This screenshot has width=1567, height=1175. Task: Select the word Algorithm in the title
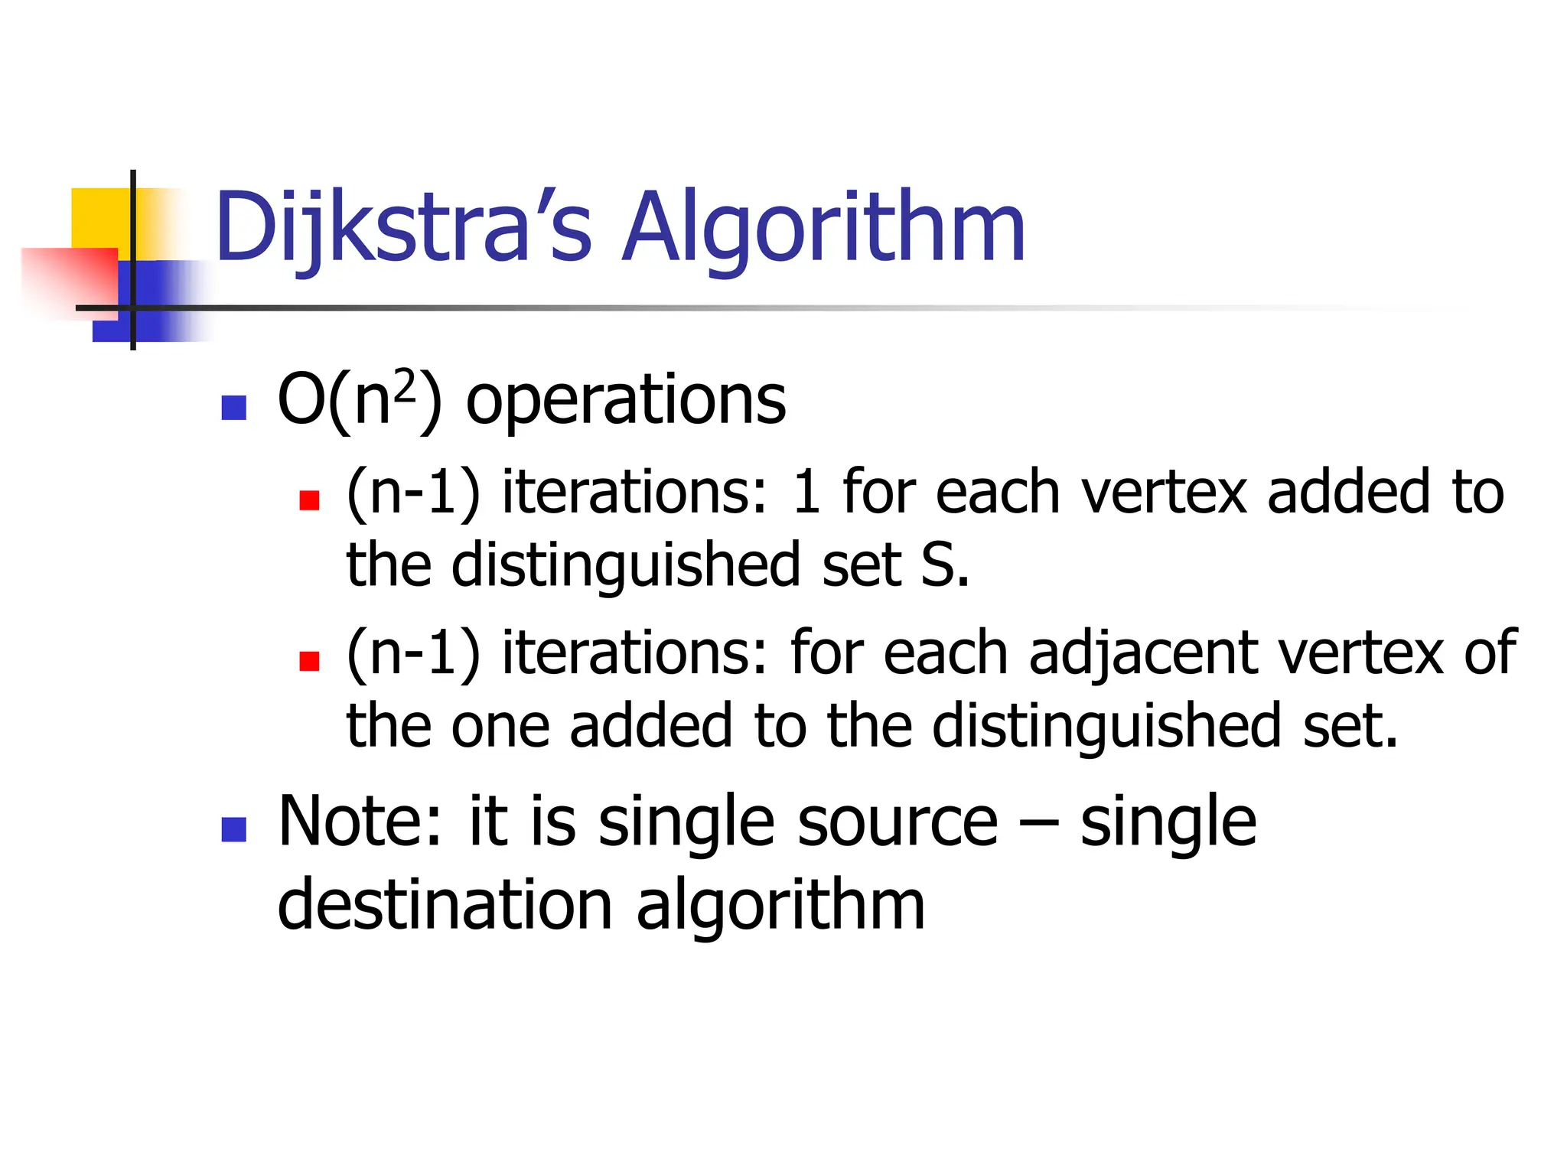pos(823,227)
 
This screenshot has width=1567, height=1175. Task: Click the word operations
pos(626,401)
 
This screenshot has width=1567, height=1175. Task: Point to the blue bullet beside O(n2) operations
pos(233,408)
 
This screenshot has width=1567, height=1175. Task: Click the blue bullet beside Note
pos(233,829)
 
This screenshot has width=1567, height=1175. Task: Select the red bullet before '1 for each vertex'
pos(309,500)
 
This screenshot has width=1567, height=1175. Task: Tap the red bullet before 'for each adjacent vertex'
pos(309,661)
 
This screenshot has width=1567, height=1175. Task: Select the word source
pos(898,823)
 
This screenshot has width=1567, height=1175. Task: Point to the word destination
pos(445,906)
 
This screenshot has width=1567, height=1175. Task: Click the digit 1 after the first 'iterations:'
pos(806,493)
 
